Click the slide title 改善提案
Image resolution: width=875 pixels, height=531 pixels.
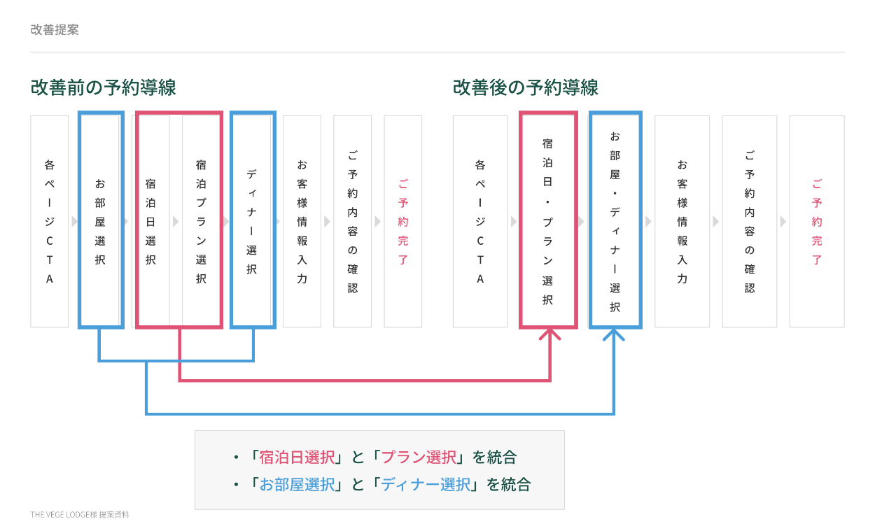tap(55, 29)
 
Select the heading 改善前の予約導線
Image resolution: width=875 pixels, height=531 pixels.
tap(103, 87)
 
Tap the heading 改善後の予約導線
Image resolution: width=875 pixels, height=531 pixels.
tap(525, 87)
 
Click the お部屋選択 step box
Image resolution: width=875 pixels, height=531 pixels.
tap(100, 221)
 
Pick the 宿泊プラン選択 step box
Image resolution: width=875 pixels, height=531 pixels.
tap(201, 221)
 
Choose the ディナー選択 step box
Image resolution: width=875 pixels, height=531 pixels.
tap(252, 221)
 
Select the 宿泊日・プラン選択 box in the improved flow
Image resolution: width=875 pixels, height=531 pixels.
tap(548, 221)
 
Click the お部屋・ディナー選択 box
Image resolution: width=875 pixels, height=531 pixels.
tap(615, 221)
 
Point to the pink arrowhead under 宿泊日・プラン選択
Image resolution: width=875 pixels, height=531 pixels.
tap(550, 334)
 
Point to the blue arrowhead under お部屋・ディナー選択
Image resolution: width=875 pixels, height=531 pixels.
tap(614, 334)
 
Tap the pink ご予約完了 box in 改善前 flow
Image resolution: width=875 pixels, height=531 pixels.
tap(403, 221)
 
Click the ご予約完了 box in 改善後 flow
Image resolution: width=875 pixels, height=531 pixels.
tap(817, 221)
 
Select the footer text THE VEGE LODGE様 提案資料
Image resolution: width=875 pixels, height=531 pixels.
tap(80, 514)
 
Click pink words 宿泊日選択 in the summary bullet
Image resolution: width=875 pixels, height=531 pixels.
tap(297, 458)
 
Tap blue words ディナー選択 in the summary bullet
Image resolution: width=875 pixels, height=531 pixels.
tap(426, 483)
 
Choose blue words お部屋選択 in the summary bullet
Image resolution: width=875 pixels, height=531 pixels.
tap(297, 483)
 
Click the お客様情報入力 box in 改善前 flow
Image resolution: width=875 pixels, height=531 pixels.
tap(302, 221)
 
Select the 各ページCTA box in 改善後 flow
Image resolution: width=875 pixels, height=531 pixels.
tap(480, 221)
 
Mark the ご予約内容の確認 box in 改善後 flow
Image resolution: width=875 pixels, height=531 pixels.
tap(750, 221)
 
